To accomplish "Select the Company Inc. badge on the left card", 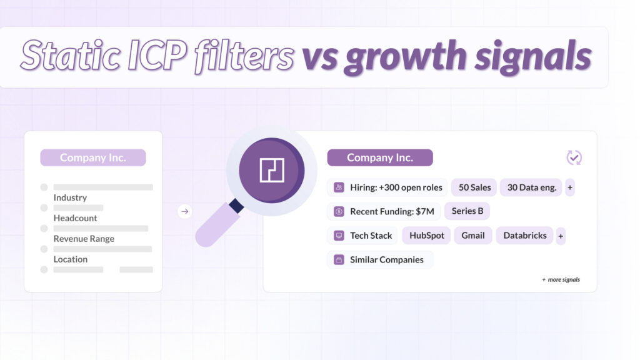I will (x=92, y=157).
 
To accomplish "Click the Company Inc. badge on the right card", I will (x=380, y=157).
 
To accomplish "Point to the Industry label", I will (x=70, y=197).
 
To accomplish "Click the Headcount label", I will (x=75, y=218).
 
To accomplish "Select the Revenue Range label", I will (x=84, y=239).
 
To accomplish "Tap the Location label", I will (x=71, y=259).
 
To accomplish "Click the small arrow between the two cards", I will (x=184, y=212).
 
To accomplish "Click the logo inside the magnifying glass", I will (x=272, y=170).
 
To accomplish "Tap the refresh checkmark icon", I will (x=574, y=157).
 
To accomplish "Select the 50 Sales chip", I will (x=474, y=187).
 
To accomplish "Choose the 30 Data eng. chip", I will (x=531, y=187).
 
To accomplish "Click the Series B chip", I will (x=467, y=211).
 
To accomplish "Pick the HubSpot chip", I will (x=427, y=236).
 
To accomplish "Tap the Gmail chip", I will (x=473, y=236).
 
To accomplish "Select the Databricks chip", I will (x=524, y=236).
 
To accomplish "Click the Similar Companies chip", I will (x=380, y=259).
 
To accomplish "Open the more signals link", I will (x=561, y=279).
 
